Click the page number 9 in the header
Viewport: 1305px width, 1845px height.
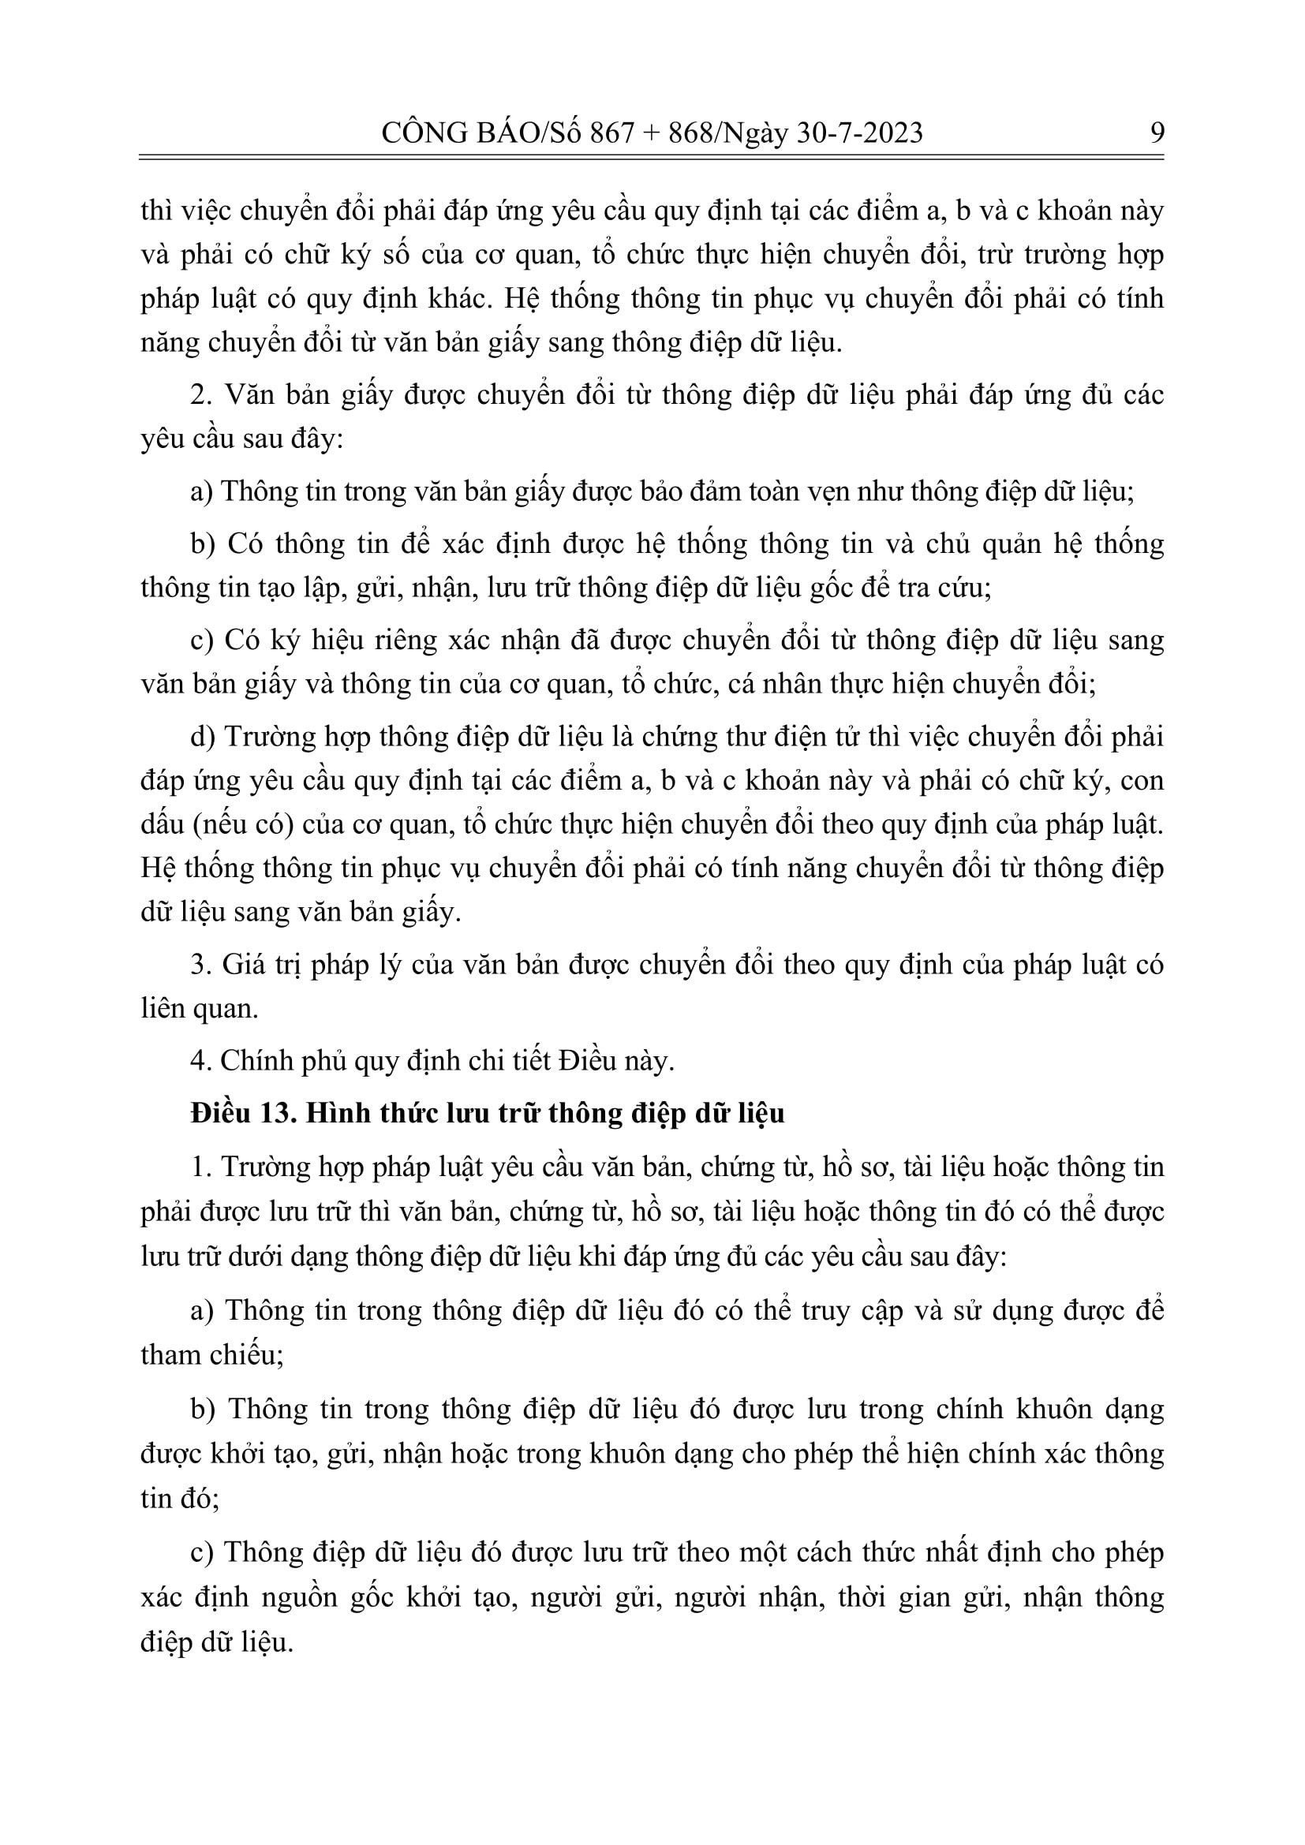click(1157, 133)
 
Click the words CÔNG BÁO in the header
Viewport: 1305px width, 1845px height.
click(450, 133)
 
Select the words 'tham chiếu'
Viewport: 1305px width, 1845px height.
click(211, 1355)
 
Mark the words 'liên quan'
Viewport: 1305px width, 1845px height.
click(199, 1010)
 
